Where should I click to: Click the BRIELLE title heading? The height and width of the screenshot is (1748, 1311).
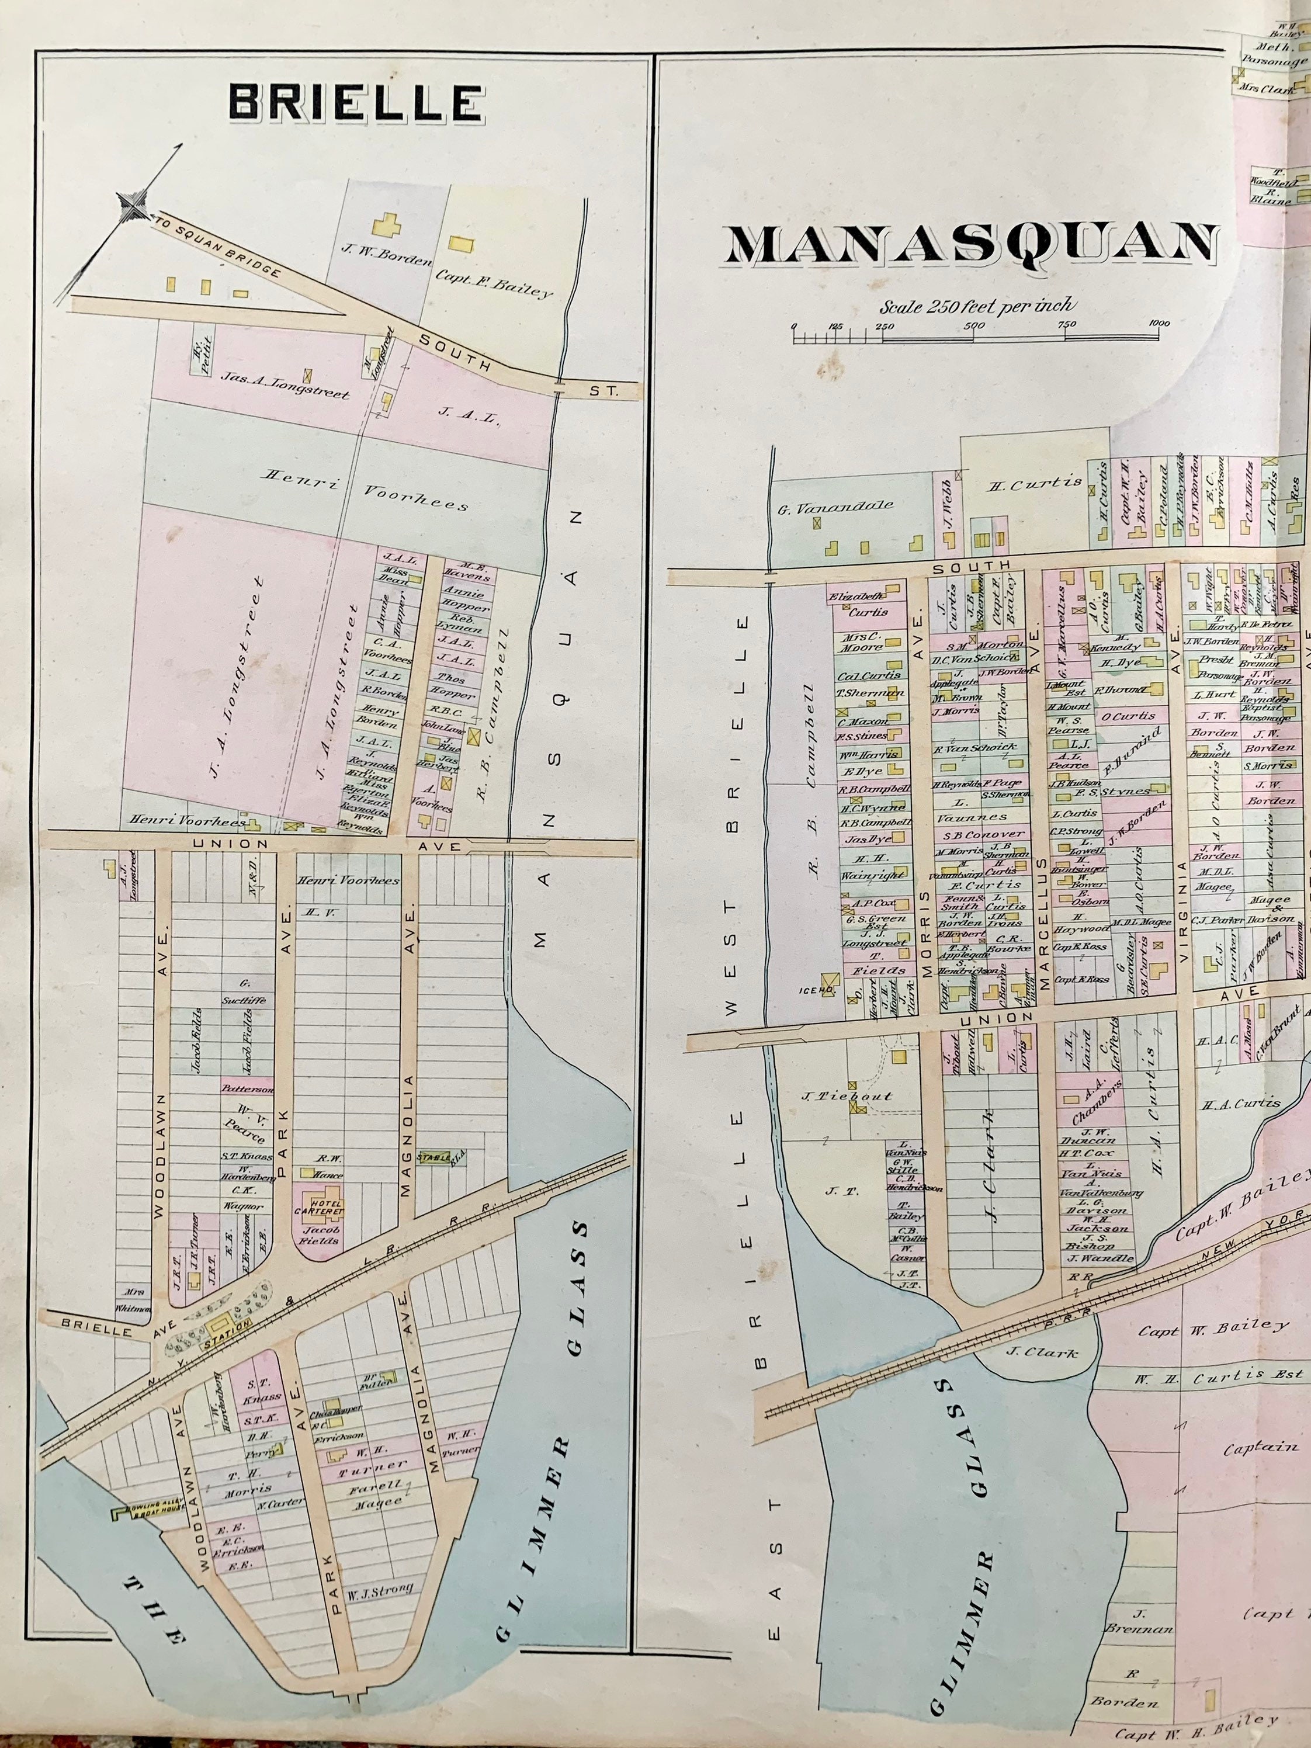pos(356,103)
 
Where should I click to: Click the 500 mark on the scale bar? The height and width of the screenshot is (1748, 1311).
pos(974,325)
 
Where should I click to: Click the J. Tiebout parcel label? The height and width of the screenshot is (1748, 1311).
pos(847,1096)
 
